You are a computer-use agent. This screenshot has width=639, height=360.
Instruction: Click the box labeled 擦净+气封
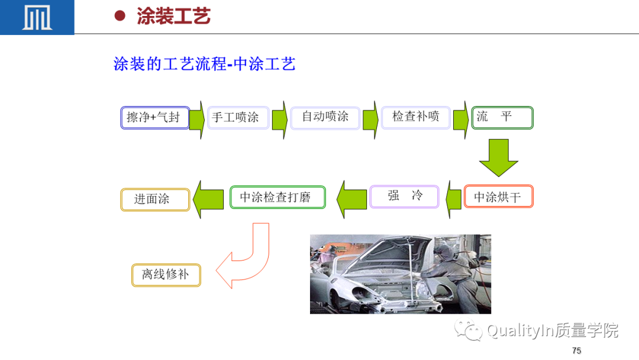[x=155, y=118]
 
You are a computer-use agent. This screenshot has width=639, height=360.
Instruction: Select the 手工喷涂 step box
[x=238, y=118]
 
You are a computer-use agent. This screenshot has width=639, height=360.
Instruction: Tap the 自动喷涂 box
[x=325, y=118]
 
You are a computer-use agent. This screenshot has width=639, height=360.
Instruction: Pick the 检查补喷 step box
[x=416, y=118]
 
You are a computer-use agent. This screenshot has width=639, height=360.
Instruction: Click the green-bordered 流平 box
[x=502, y=118]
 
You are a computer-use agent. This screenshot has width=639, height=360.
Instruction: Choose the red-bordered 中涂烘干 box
[x=498, y=197]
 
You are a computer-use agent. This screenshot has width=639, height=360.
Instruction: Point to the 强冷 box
[x=404, y=197]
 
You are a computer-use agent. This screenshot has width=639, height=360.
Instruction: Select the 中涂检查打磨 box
[x=277, y=197]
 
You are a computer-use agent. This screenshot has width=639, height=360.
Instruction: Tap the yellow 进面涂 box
[x=155, y=200]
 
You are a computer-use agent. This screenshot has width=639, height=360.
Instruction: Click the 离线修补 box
[x=166, y=275]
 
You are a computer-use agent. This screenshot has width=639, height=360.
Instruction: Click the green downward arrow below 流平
[x=498, y=157]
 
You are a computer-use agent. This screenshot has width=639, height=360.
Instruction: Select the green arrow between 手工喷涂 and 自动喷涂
[x=279, y=120]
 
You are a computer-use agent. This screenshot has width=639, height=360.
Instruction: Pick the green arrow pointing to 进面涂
[x=208, y=200]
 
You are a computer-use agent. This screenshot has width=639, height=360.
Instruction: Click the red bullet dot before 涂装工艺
[x=120, y=15]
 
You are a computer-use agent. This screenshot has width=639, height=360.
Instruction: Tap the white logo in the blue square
[x=37, y=18]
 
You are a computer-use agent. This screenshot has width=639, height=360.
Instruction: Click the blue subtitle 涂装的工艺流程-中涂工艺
[x=204, y=64]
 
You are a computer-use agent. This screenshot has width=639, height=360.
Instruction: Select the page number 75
[x=577, y=351]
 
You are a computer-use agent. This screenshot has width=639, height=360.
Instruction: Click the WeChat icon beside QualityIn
[x=469, y=330]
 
